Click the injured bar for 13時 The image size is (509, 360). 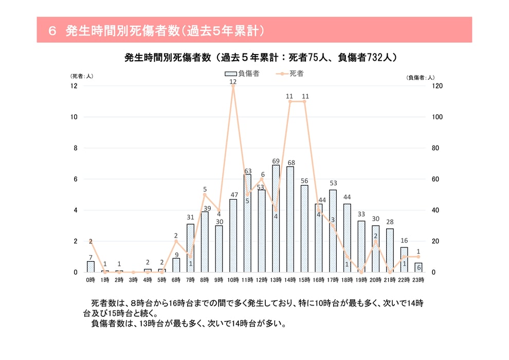276,219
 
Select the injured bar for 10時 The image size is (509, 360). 233,236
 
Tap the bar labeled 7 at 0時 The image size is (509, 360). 90,267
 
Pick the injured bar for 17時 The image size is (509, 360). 333,231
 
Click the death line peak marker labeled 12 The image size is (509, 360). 233,86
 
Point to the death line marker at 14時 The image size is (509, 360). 290,102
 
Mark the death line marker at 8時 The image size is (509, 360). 205,195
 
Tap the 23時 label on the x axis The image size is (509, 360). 418,279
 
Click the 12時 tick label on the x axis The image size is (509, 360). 261,279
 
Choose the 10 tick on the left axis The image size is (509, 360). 74,117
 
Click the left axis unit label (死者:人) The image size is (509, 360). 81,77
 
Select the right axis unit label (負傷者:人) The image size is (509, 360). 421,77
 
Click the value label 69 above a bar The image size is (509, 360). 276,161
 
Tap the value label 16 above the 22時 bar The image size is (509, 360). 404,241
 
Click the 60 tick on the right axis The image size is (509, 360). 435,179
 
